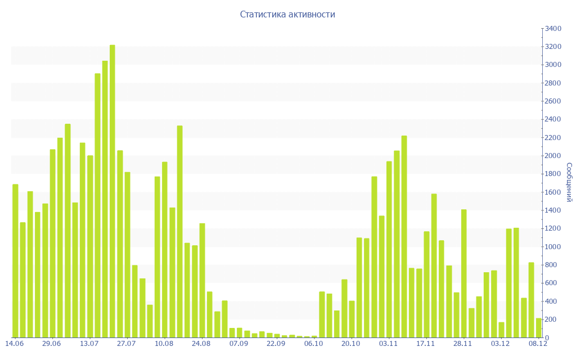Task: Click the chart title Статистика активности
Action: tap(287, 15)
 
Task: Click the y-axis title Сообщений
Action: tap(569, 182)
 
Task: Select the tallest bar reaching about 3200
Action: tap(112, 191)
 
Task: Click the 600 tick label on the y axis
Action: tap(552, 283)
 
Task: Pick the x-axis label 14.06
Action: tap(15, 344)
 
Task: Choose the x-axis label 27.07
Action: tap(127, 344)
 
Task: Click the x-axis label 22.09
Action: tap(276, 344)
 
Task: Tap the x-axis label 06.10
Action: tap(314, 344)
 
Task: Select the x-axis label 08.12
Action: tap(538, 344)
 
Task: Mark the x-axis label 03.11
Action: tap(389, 344)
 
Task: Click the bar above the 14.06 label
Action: tap(15, 261)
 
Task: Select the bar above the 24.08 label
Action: tap(202, 281)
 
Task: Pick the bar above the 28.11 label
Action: tap(464, 274)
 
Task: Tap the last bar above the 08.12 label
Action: tap(538, 328)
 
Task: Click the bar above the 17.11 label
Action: tap(426, 285)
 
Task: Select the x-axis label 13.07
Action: tap(89, 344)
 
